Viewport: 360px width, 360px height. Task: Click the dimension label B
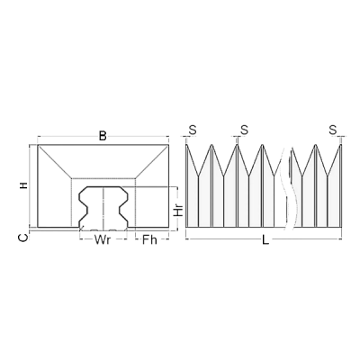[x=103, y=136]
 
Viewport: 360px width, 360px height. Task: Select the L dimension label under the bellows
[x=264, y=240]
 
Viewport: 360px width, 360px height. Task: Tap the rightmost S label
[x=333, y=130]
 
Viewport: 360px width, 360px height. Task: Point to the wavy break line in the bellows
[x=289, y=184]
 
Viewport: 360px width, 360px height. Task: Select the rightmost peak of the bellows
[x=334, y=144]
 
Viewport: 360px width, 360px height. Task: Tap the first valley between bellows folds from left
[x=203, y=174]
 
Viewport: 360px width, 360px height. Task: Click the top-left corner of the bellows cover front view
[x=38, y=145]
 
